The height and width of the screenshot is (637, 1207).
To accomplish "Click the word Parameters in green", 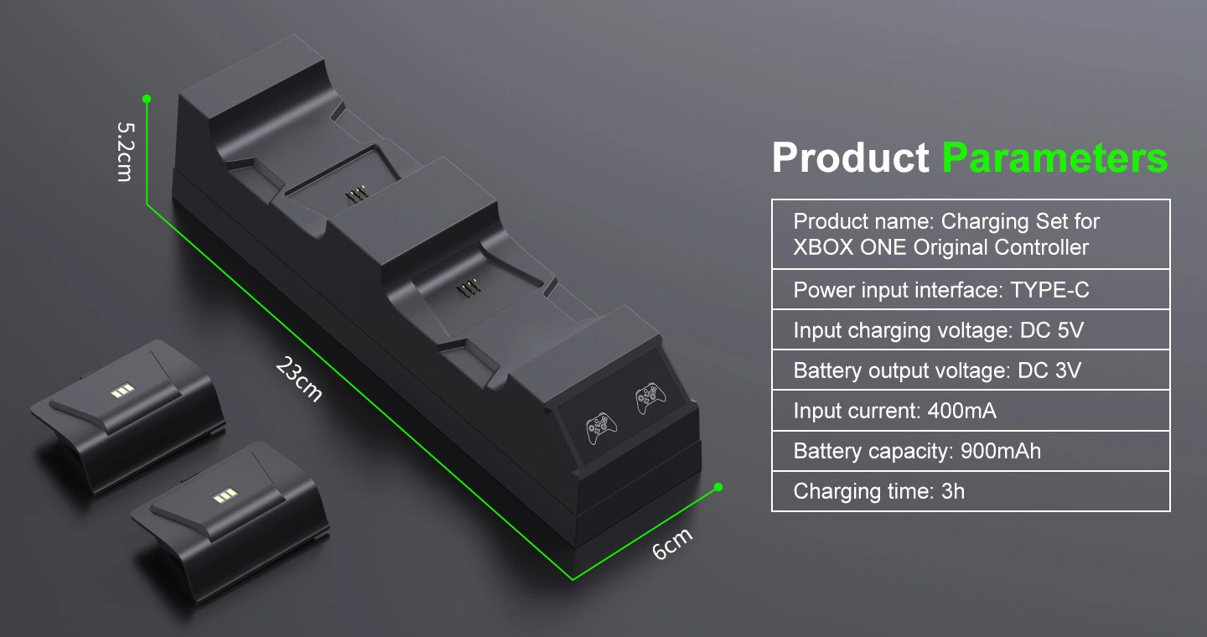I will [1054, 158].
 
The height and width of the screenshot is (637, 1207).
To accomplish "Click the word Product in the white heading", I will [850, 158].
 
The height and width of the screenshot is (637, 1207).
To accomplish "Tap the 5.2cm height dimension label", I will [125, 151].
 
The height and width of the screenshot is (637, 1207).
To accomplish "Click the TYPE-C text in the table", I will [1049, 290].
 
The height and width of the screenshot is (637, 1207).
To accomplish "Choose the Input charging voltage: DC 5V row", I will [938, 330].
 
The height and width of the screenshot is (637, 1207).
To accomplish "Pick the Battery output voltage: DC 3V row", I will [936, 370].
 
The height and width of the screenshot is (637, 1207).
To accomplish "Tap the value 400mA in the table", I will [961, 411].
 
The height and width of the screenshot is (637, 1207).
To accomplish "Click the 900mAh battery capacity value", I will [1000, 451].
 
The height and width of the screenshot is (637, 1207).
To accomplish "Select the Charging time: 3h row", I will [878, 491].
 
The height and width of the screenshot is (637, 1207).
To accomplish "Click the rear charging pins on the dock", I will [358, 194].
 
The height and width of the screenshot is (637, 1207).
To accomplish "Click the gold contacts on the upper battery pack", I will [122, 391].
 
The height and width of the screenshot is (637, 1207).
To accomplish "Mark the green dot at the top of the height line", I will [147, 99].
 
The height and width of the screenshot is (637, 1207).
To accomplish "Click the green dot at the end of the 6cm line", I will [718, 487].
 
